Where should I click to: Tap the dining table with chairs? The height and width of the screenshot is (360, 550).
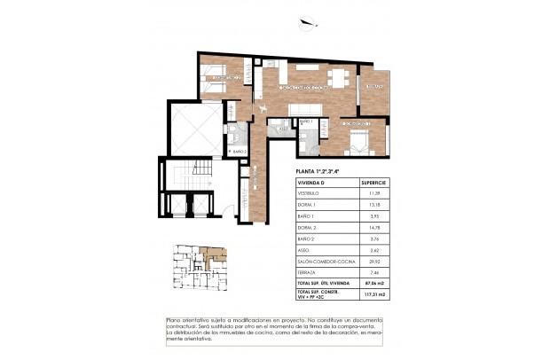(x=336, y=76)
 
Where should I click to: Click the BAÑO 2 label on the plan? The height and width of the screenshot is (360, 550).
(x=238, y=152)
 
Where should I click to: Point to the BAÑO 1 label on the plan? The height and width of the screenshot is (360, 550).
(x=307, y=121)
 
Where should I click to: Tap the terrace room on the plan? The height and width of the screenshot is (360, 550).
(x=374, y=88)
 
